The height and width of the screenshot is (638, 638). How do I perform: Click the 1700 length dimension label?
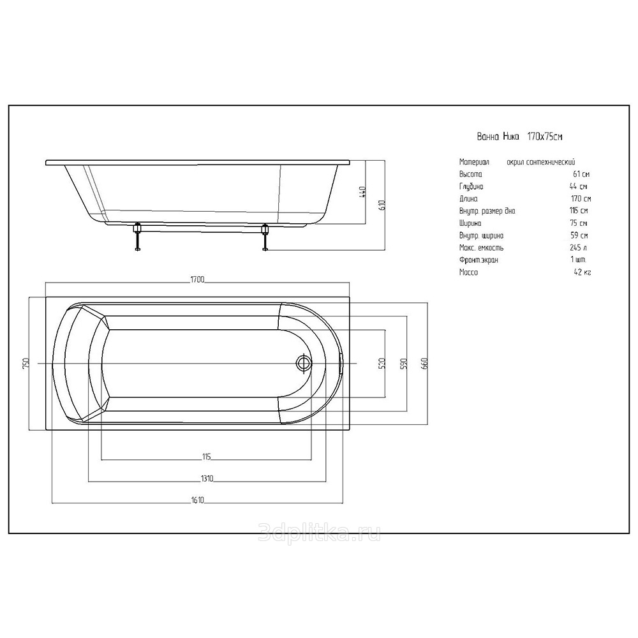click(x=197, y=279)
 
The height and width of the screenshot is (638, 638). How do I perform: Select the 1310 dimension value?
click(x=207, y=478)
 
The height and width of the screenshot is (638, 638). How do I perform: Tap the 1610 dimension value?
click(x=197, y=500)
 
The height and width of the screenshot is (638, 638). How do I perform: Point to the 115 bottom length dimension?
click(x=207, y=457)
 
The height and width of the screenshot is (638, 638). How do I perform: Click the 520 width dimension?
click(x=382, y=363)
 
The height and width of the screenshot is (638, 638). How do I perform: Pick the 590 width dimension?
click(x=404, y=363)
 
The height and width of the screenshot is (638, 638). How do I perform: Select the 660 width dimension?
click(x=425, y=363)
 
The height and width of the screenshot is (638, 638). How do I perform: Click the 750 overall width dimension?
click(x=26, y=363)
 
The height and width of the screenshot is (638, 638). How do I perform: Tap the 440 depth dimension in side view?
click(x=363, y=192)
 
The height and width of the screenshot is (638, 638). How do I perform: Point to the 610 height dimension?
click(x=382, y=205)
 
